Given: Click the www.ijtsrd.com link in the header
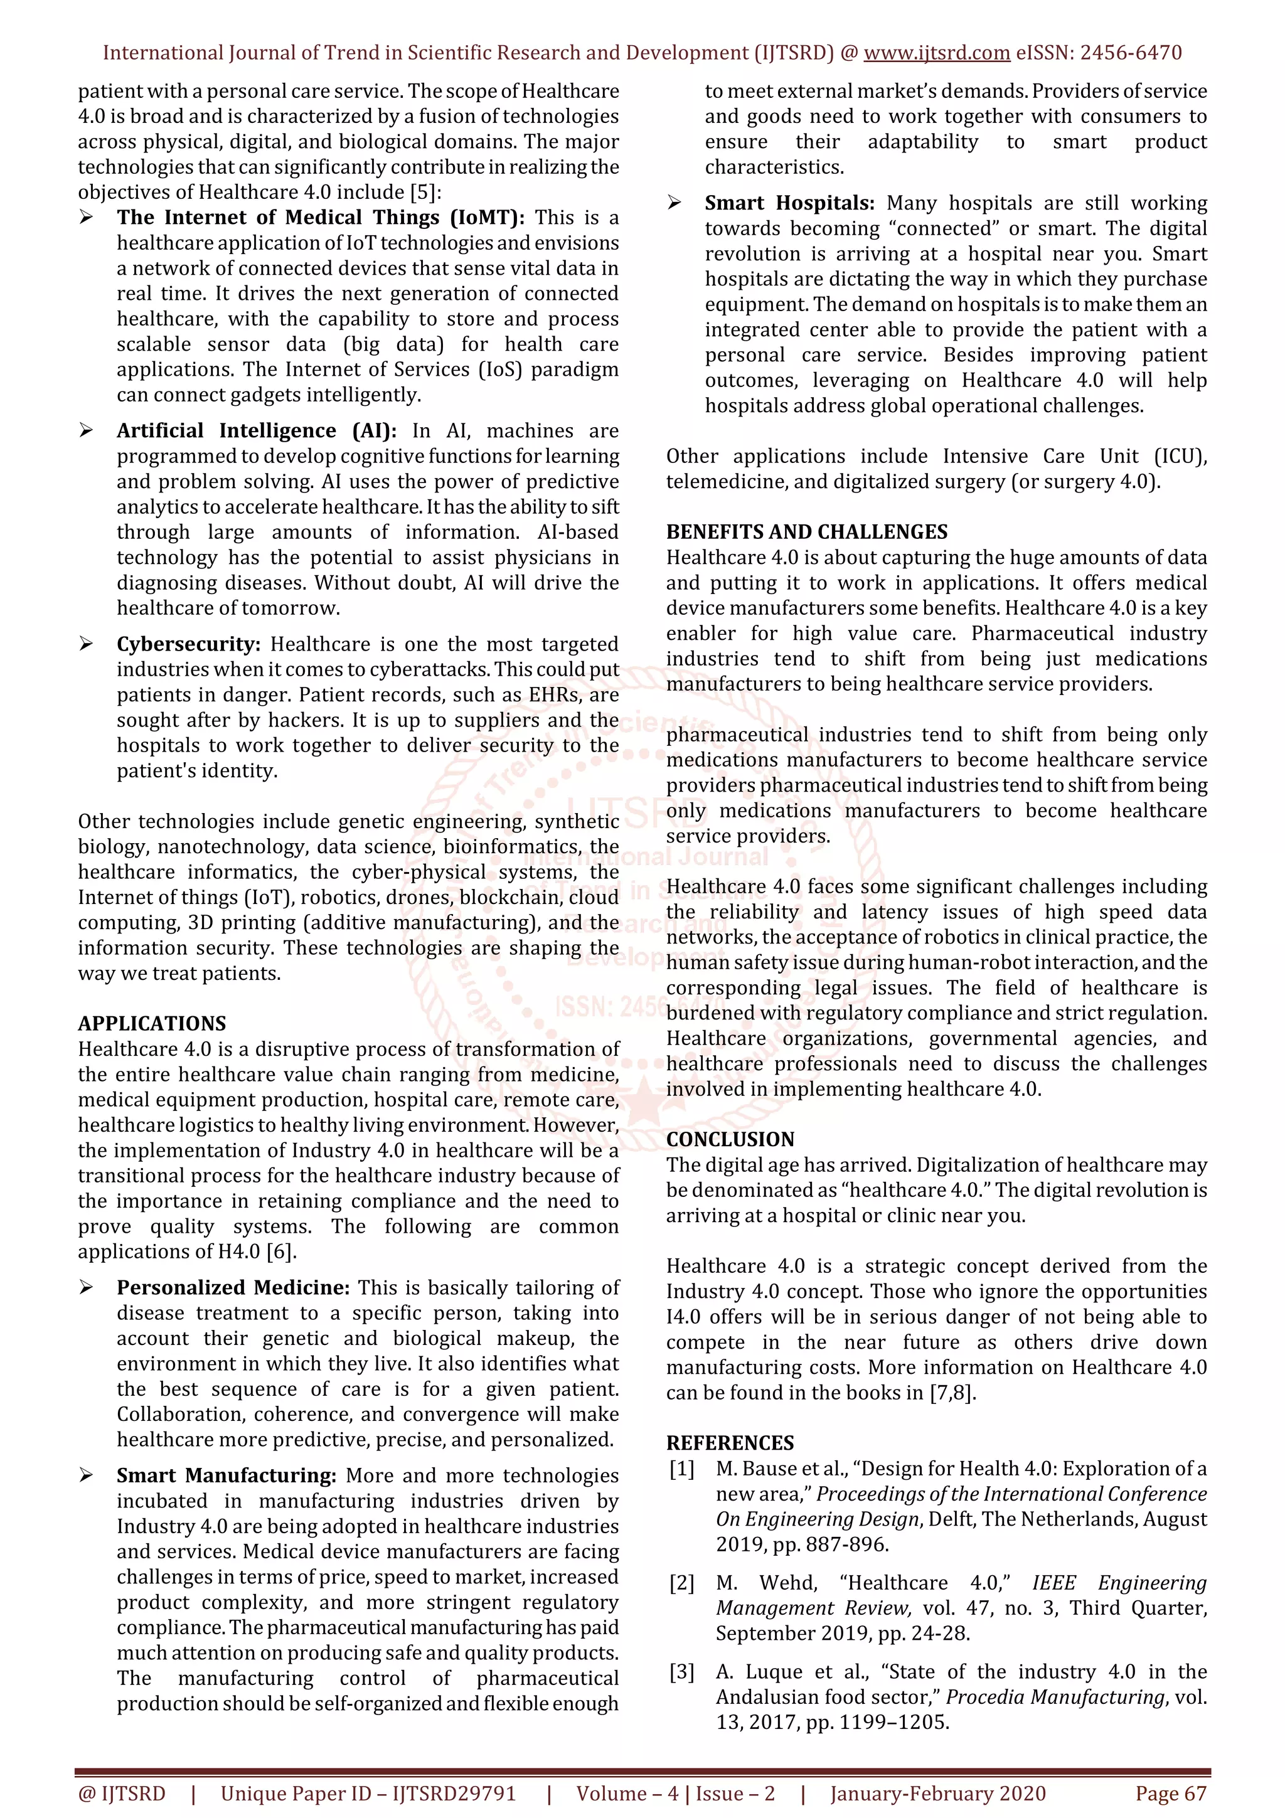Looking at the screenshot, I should [x=936, y=53].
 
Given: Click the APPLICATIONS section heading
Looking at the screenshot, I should [x=152, y=1024].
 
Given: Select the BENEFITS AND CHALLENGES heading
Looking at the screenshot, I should [x=807, y=532].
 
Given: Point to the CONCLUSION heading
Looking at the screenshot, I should [x=730, y=1139].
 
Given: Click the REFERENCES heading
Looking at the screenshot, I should [x=730, y=1443].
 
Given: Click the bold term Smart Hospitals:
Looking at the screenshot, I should [x=789, y=203].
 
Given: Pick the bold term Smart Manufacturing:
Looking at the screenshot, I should [x=227, y=1476].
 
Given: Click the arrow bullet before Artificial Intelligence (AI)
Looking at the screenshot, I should [x=87, y=431].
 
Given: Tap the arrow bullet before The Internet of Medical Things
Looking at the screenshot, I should [x=87, y=218].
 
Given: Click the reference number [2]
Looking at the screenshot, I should [x=681, y=1583].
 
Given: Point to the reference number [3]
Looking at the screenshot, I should [x=681, y=1672].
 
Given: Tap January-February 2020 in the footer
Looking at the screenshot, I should [x=937, y=1794].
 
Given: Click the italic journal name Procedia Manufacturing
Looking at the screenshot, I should [x=1055, y=1698].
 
